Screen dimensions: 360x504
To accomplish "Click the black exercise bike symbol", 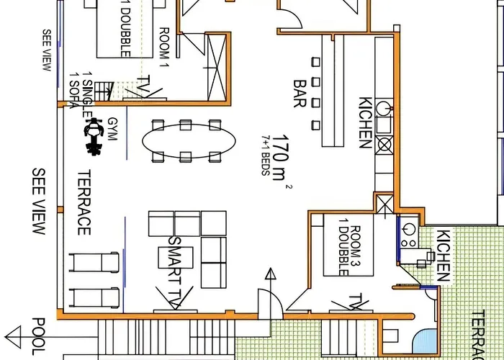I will [92, 137].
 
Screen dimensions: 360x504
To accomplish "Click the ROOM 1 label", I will [164, 45].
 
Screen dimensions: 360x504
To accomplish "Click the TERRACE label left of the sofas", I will [84, 203].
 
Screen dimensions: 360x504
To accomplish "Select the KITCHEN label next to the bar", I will [364, 123].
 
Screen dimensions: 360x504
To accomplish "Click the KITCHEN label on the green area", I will [444, 256].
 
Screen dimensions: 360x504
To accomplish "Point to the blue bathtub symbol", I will [425, 338].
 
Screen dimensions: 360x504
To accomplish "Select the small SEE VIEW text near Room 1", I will [46, 50].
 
